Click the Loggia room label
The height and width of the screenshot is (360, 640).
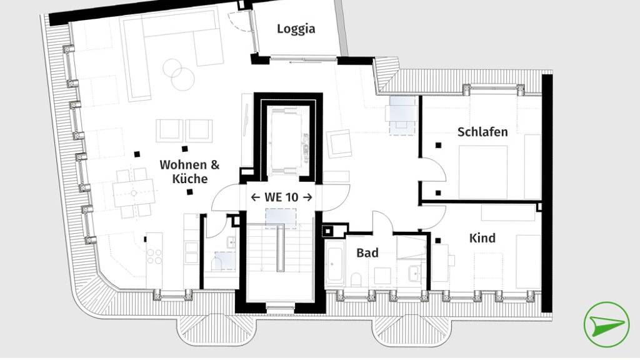(x=296, y=29)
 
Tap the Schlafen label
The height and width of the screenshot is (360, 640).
(x=482, y=132)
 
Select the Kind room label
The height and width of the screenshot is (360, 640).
(x=482, y=238)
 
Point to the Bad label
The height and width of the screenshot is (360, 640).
(x=367, y=252)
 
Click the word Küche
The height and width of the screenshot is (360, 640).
(x=190, y=179)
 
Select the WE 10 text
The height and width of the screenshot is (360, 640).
(x=281, y=197)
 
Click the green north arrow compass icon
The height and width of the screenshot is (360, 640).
(x=606, y=324)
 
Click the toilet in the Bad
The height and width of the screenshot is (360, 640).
(x=356, y=279)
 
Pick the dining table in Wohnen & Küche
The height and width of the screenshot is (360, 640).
(x=134, y=193)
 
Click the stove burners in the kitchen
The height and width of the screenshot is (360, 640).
(x=154, y=256)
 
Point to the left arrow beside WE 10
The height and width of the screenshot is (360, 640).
(x=256, y=197)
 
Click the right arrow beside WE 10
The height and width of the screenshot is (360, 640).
(x=307, y=197)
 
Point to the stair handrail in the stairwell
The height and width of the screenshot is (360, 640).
(x=281, y=248)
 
